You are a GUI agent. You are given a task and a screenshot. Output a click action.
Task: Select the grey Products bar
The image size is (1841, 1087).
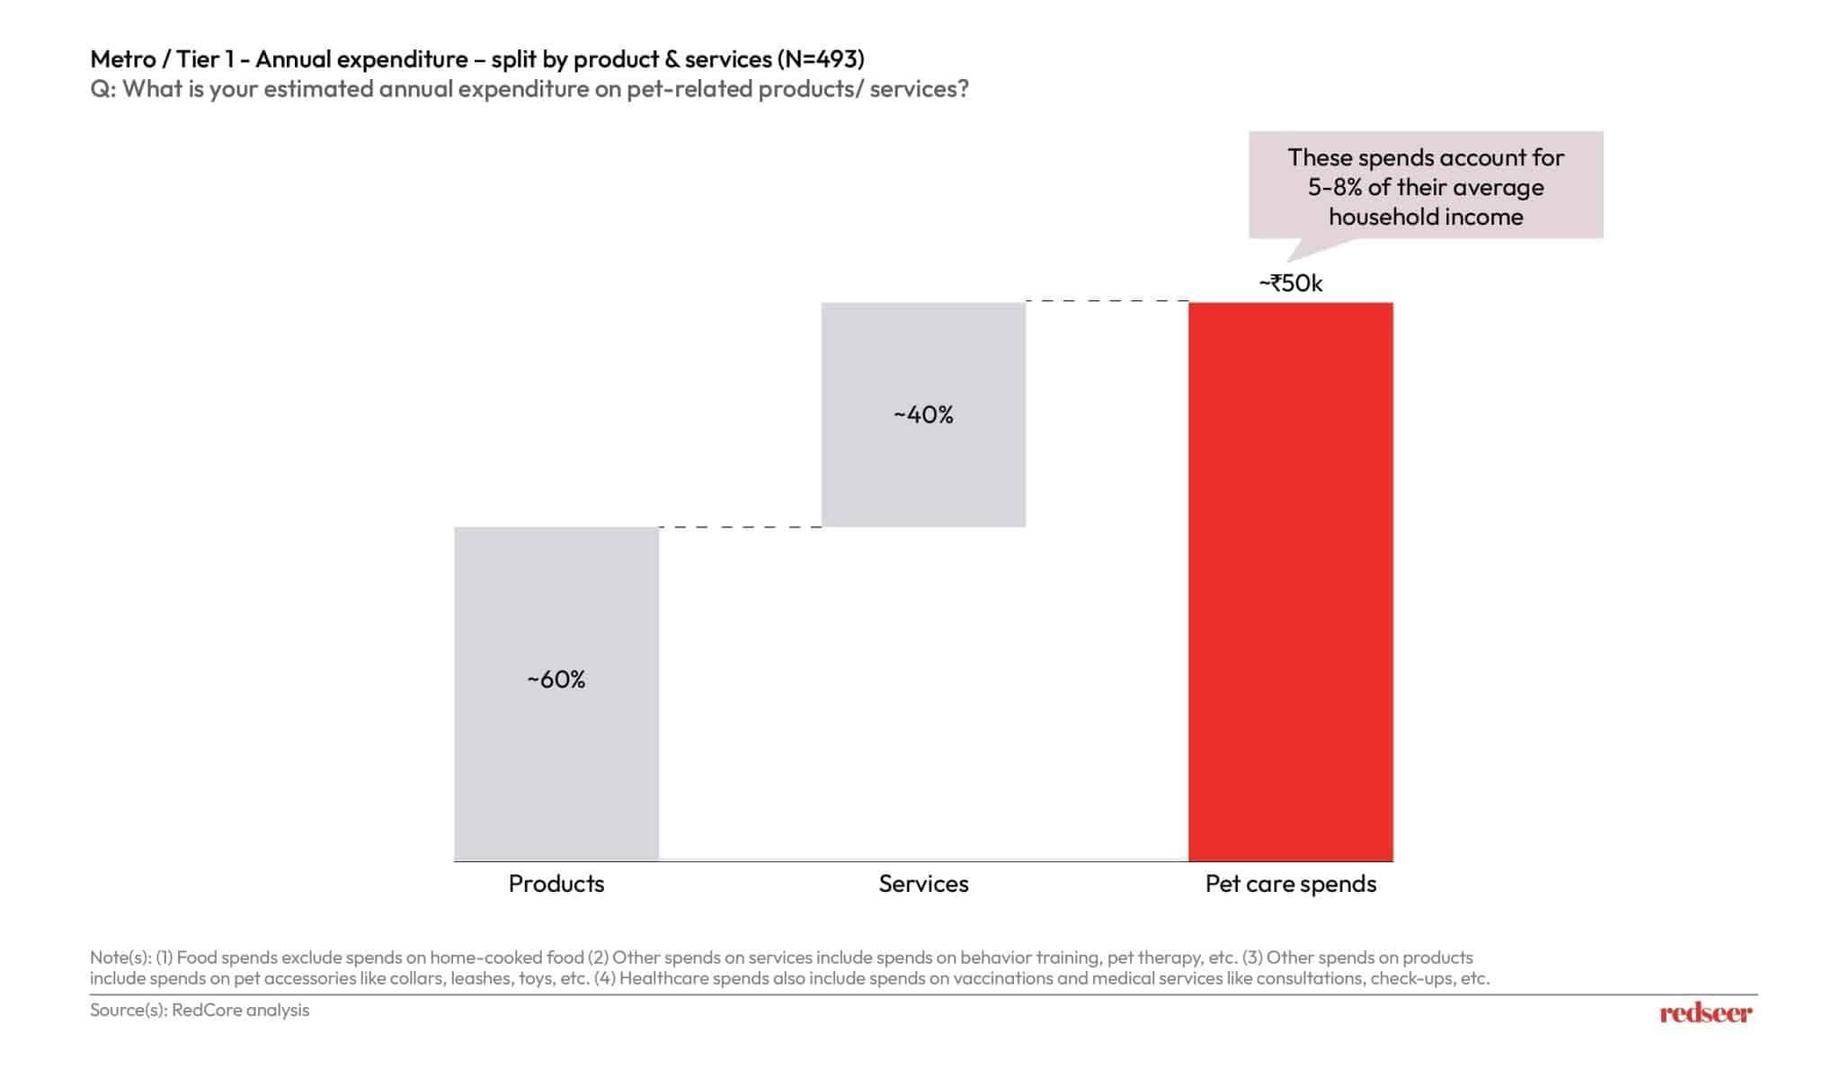coord(556,764)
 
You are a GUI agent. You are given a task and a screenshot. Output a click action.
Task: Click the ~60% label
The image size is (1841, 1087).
coord(556,679)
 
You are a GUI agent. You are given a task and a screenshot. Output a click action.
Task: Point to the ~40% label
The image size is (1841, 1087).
coord(923,414)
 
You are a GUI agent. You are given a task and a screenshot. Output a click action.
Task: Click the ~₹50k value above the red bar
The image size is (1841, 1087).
coord(1290,283)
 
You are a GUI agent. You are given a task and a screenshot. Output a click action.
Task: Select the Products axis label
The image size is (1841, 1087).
coord(556,884)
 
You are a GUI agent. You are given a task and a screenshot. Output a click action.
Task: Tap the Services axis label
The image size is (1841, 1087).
coord(923,884)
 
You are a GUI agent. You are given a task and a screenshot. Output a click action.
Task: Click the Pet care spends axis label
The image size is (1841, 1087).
coord(1290,884)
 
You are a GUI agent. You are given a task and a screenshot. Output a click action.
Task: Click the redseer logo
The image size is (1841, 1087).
coord(1705,1013)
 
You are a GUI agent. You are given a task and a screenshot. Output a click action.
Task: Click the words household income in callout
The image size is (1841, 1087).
coord(1426,217)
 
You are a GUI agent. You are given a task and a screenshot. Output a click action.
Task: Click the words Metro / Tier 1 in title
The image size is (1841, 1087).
coord(162,59)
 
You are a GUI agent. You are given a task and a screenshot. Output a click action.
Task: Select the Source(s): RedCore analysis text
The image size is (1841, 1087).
coord(200,1010)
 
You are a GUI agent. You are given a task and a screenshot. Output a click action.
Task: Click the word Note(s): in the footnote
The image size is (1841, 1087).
coord(120,958)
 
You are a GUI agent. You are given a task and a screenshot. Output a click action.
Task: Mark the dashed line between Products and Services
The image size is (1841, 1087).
coord(740,527)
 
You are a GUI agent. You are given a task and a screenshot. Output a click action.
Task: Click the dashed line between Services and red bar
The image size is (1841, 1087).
coord(1107,301)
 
